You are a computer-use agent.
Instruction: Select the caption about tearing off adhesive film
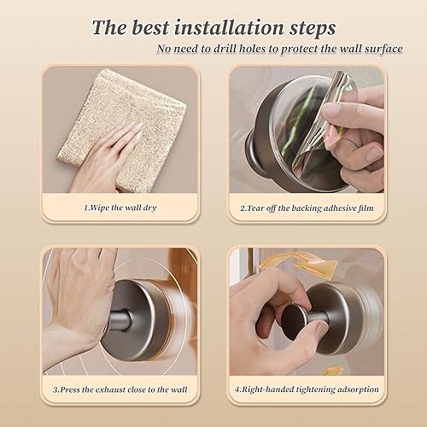(x=307, y=206)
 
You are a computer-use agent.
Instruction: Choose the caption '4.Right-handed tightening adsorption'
(x=307, y=389)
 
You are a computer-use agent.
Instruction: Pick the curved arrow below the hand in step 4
(x=329, y=370)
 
